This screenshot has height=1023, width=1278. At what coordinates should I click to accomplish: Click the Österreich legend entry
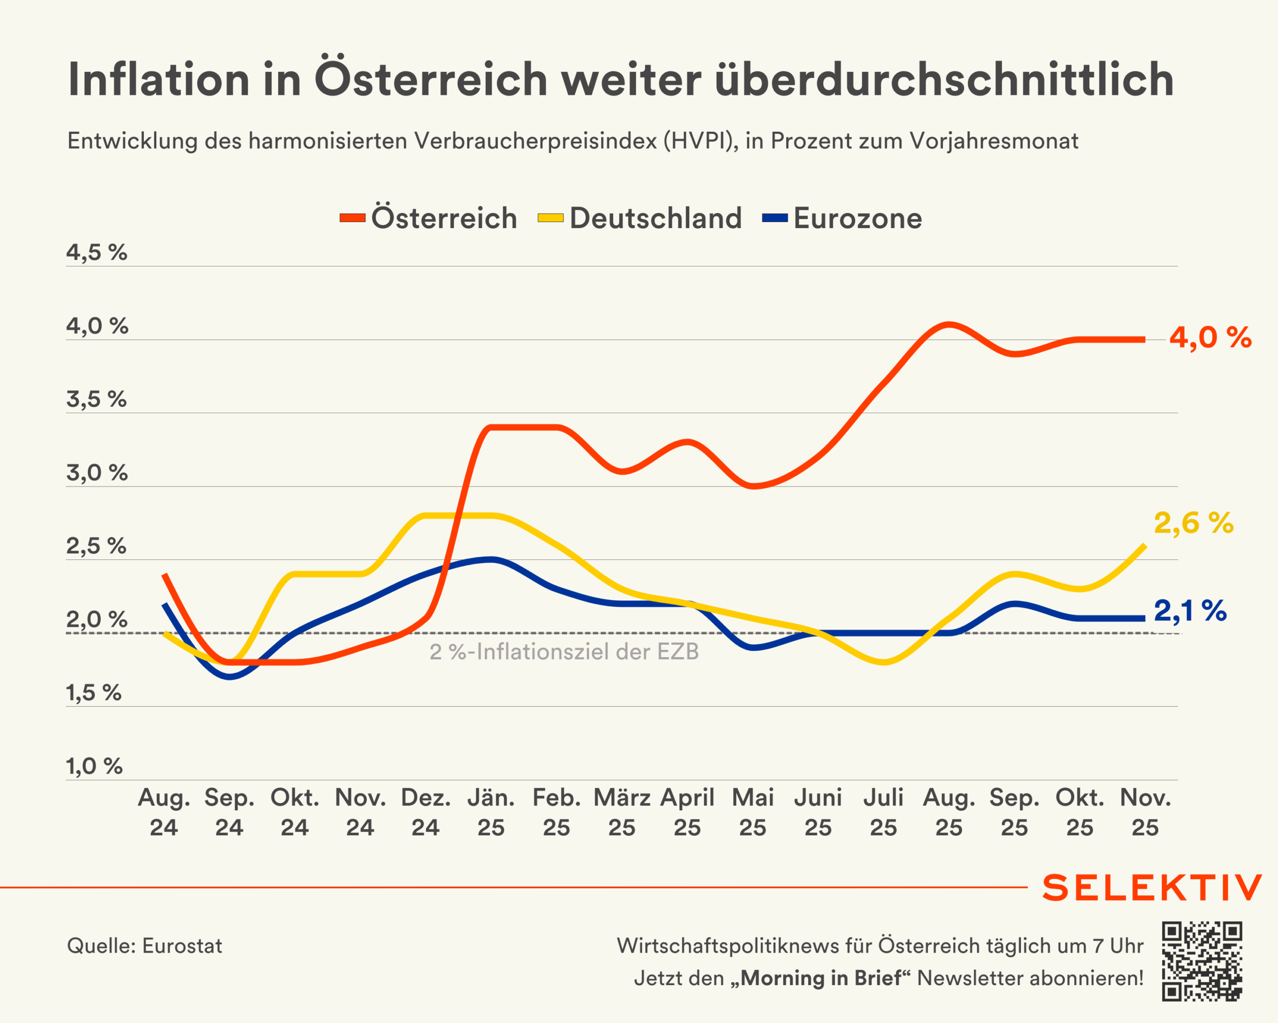pyautogui.click(x=428, y=218)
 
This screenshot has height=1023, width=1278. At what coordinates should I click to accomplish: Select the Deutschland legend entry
pyautogui.click(x=640, y=218)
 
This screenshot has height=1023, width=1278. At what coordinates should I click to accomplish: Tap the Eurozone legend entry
pyautogui.click(x=843, y=218)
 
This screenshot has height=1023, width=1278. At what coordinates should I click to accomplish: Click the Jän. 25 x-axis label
pyautogui.click(x=491, y=812)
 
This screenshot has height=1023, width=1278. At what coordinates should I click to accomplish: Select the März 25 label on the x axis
pyautogui.click(x=622, y=812)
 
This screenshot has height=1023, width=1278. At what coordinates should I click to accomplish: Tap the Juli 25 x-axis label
pyautogui.click(x=883, y=812)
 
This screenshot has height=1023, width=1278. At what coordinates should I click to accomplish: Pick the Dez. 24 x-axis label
pyautogui.click(x=426, y=812)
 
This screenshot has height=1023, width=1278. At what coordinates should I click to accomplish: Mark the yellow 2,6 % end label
pyautogui.click(x=1194, y=523)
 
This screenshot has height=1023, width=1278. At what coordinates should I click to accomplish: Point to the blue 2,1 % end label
pyautogui.click(x=1190, y=611)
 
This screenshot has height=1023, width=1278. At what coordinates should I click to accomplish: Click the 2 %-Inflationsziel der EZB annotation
pyautogui.click(x=564, y=652)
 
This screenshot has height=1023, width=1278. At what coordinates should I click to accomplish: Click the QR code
pyautogui.click(x=1202, y=961)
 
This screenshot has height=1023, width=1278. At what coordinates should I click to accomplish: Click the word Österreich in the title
pyautogui.click(x=431, y=79)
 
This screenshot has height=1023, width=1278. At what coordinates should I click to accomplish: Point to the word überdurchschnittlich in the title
pyautogui.click(x=945, y=79)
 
